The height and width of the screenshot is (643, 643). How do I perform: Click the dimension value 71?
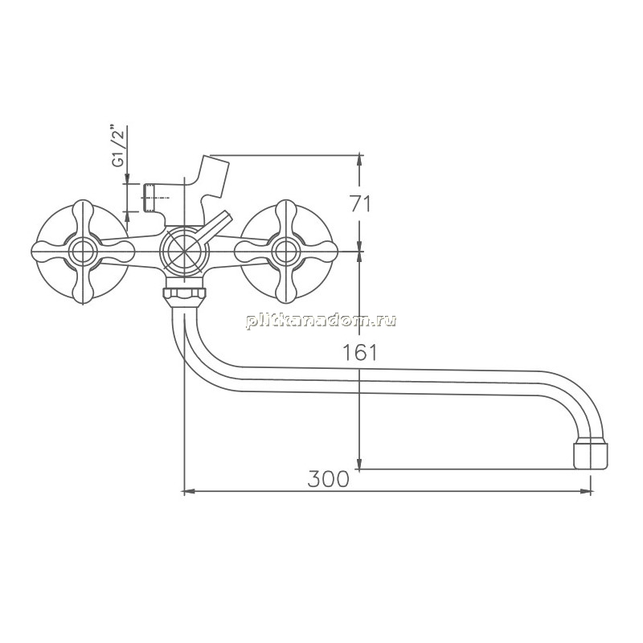point(360,204)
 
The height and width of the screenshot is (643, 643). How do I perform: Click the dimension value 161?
point(359,352)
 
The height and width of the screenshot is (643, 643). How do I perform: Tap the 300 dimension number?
point(328,478)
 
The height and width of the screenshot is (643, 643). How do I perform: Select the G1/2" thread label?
point(118,146)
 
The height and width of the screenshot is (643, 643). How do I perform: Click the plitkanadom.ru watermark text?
point(321,320)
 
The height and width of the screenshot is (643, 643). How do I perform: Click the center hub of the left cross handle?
point(83,252)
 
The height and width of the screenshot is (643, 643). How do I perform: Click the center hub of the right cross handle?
point(286,252)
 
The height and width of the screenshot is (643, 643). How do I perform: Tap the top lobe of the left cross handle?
point(83,216)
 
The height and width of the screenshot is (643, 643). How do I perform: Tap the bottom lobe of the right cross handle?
point(286,285)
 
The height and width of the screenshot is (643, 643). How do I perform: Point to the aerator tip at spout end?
point(591,453)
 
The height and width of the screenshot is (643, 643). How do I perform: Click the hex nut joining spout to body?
point(184,293)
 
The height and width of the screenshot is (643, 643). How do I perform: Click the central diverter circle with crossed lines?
point(184,252)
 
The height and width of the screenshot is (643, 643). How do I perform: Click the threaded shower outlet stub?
point(149,198)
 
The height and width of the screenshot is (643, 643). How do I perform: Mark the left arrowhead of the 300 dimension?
point(189,491)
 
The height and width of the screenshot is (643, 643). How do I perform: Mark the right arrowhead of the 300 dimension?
point(586,491)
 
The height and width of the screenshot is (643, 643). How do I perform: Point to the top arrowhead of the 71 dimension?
point(359,160)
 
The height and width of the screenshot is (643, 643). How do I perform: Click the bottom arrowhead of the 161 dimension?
point(359,464)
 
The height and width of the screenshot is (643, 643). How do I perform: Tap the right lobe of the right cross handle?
point(320,252)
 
